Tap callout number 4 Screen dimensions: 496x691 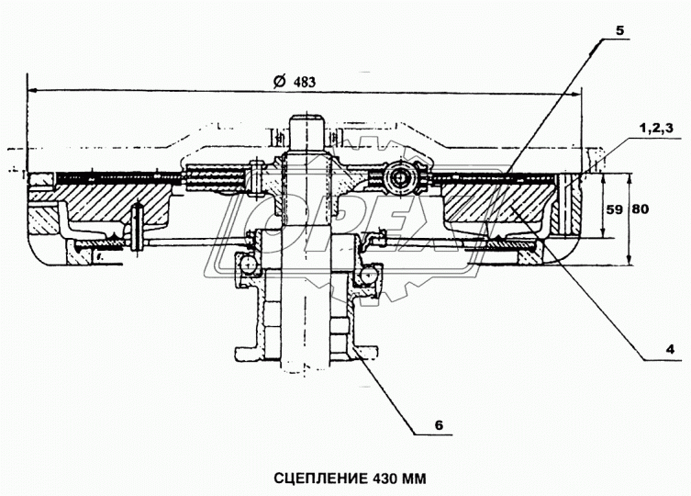671,349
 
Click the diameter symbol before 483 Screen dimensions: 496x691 279,81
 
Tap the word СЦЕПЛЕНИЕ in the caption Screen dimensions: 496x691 316,479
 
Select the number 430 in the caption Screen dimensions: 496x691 388,479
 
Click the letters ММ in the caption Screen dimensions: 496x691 417,479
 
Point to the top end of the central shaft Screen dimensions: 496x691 305,118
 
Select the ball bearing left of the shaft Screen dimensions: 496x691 246,264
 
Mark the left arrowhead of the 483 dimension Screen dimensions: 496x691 33,91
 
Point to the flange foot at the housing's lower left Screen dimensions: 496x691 243,354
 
